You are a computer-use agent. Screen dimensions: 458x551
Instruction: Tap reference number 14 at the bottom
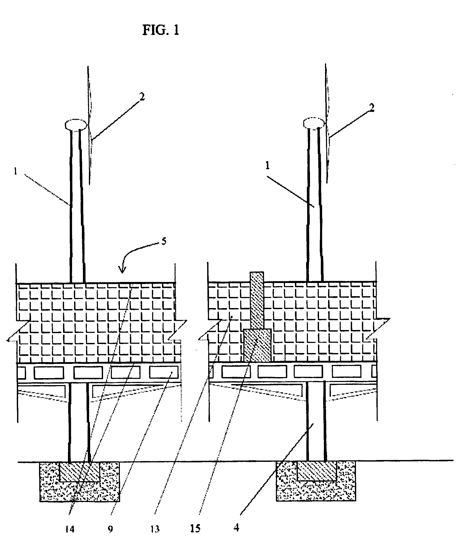click(x=70, y=529)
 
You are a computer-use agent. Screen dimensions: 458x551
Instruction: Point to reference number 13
click(x=155, y=529)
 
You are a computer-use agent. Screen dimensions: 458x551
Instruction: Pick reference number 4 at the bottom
click(x=236, y=527)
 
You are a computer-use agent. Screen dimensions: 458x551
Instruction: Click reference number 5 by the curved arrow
click(x=164, y=241)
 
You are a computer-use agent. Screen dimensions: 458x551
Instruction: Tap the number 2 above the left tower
click(x=142, y=97)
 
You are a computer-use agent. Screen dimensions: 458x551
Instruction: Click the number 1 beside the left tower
click(x=16, y=172)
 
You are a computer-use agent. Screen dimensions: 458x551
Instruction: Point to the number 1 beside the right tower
click(x=268, y=166)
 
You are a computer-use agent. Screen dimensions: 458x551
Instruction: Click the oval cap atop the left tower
click(x=76, y=124)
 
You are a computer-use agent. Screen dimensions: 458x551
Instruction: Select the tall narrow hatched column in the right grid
click(x=257, y=300)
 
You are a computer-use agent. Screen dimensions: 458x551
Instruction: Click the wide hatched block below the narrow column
click(x=257, y=345)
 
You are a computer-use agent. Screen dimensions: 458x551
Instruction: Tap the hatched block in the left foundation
click(x=80, y=472)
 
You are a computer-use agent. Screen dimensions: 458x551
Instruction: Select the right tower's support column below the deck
click(x=316, y=421)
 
